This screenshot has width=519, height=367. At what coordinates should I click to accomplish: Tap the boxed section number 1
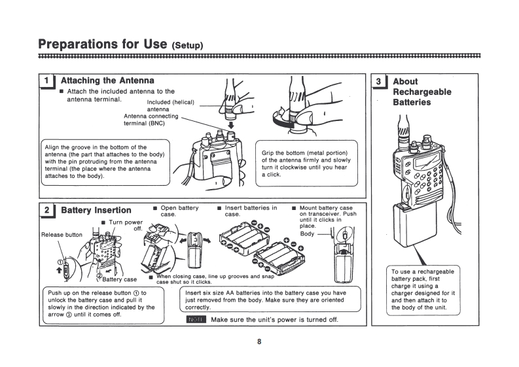(46, 80)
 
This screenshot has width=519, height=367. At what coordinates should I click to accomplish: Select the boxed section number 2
(46, 211)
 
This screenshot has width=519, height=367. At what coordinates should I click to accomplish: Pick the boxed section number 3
(379, 81)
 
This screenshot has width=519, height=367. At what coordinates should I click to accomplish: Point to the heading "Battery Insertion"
(96, 211)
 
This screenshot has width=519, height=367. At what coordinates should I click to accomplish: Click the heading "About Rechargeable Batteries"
(421, 92)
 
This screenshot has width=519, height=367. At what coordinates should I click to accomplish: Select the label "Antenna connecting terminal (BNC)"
(151, 119)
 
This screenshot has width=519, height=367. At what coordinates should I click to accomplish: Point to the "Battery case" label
(120, 279)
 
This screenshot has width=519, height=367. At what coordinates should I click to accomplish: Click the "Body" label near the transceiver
(307, 234)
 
